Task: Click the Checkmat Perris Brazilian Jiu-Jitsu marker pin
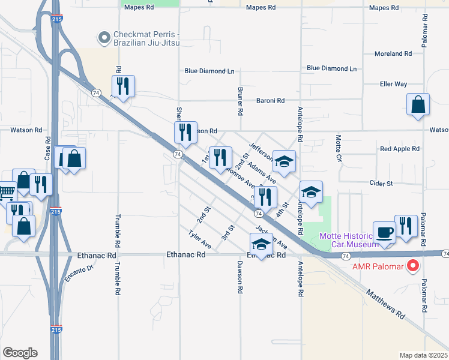(x=104, y=38)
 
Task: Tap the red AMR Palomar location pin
(x=412, y=266)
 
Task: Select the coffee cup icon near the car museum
(x=384, y=232)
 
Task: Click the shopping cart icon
(x=5, y=193)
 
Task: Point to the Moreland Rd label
(x=393, y=53)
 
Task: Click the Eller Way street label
(x=393, y=84)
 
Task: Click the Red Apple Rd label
(x=397, y=149)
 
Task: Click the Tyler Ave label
(x=199, y=239)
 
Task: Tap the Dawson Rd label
(x=240, y=277)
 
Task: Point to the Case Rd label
(x=48, y=147)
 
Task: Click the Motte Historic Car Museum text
(x=348, y=240)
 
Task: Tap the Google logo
(x=20, y=353)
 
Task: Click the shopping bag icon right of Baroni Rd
(x=418, y=104)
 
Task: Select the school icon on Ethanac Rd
(x=261, y=244)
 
